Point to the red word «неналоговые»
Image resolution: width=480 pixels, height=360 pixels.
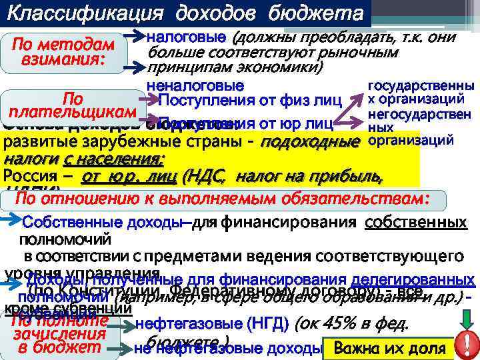(195, 86)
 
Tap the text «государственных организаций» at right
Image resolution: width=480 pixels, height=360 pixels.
(421, 93)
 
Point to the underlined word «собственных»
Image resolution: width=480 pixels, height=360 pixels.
(415, 223)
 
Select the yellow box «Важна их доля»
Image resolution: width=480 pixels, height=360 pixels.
(389, 348)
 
